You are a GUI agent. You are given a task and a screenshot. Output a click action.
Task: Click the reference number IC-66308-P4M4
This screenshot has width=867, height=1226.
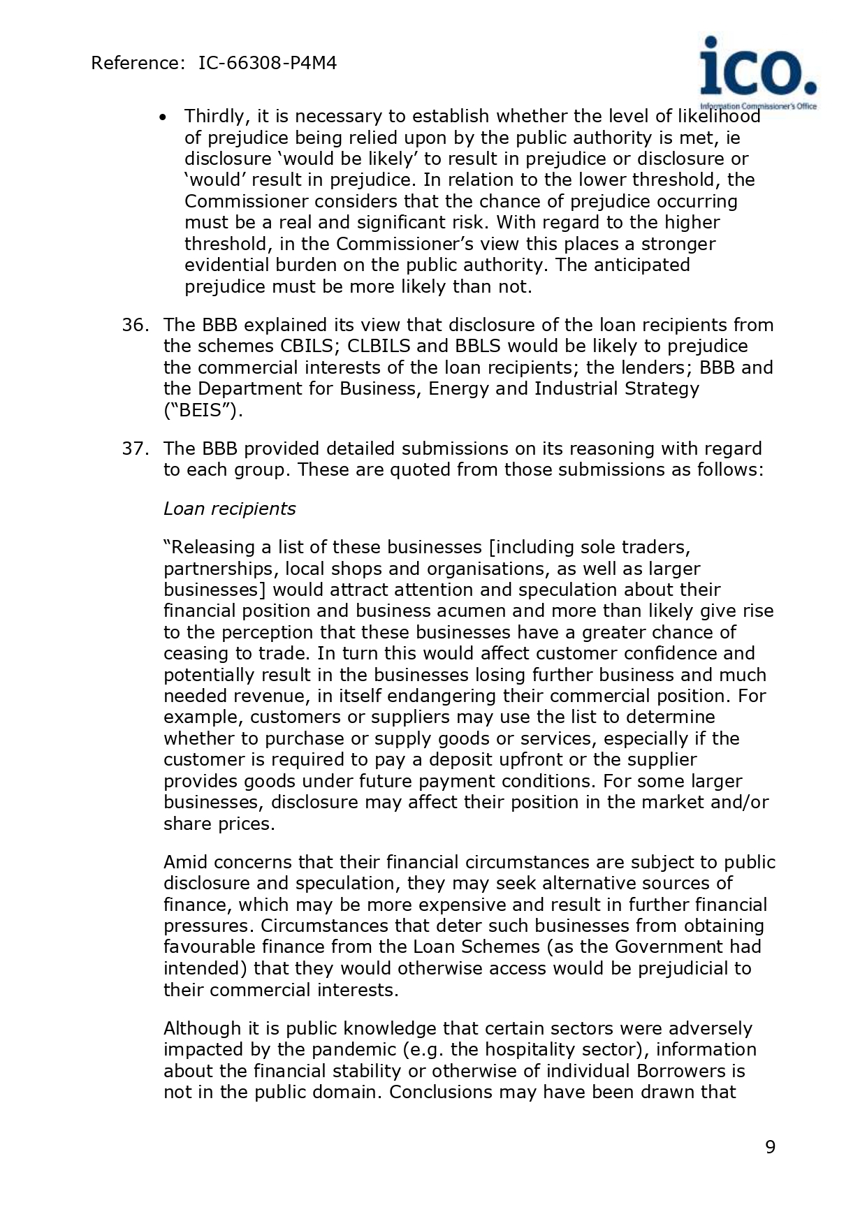pyautogui.click(x=268, y=64)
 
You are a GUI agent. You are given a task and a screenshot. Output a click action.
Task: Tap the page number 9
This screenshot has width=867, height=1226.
pyautogui.click(x=770, y=1147)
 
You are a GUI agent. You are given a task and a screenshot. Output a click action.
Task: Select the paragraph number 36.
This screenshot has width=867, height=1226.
pyautogui.click(x=136, y=326)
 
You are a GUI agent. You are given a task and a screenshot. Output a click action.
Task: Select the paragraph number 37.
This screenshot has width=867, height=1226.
pyautogui.click(x=136, y=448)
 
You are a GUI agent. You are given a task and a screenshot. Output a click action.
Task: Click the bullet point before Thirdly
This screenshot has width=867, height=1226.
pyautogui.click(x=163, y=117)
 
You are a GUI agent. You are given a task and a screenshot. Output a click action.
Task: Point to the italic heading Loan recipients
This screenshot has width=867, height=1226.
pyautogui.click(x=229, y=509)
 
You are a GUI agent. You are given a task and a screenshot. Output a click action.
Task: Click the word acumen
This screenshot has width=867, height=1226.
pyautogui.click(x=472, y=611)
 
